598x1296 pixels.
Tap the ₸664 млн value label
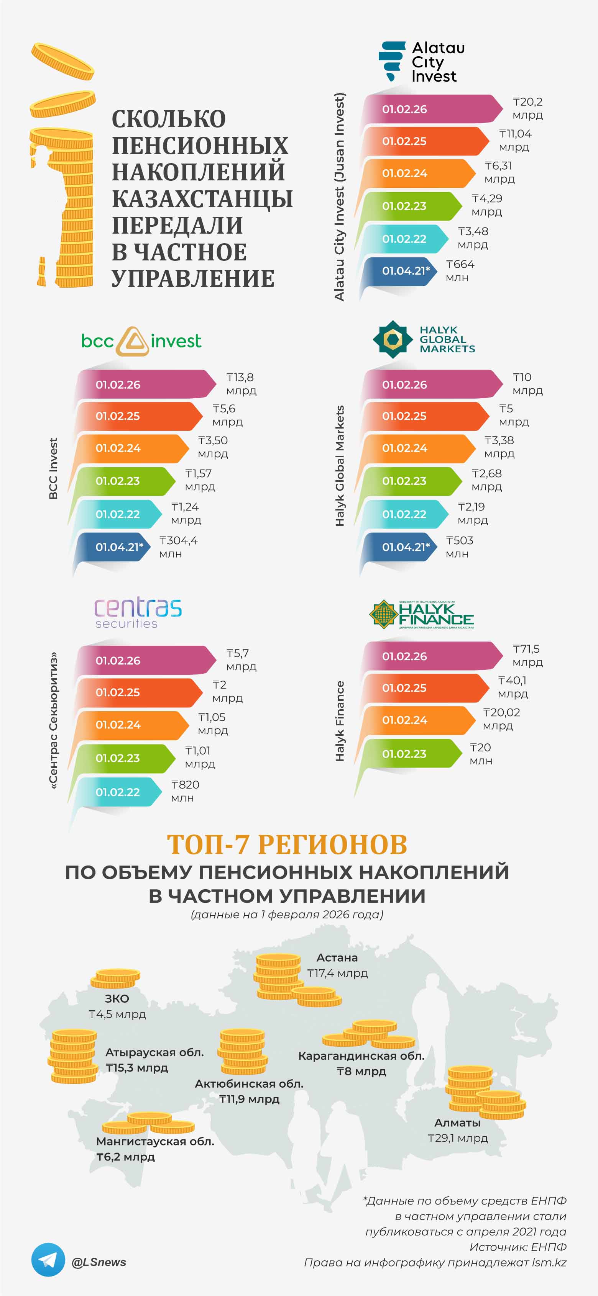tap(460, 271)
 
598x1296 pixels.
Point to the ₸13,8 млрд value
tap(241, 383)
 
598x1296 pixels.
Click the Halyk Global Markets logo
tap(424, 339)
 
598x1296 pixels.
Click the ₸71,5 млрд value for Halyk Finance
tap(527, 655)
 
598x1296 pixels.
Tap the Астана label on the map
tap(337, 957)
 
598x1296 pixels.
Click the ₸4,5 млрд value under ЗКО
tap(117, 1014)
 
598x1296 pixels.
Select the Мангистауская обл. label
tap(155, 1141)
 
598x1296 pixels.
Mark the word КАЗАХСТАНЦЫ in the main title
tap(202, 199)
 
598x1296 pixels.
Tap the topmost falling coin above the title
tap(62, 61)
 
